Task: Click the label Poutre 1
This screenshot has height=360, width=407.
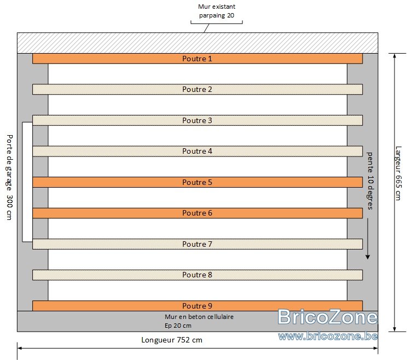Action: (197, 59)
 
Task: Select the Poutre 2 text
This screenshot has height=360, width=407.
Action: (197, 89)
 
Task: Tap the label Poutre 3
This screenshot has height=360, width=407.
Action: (197, 120)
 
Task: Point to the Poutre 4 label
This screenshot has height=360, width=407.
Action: (197, 151)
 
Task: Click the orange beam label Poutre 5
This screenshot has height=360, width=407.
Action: (197, 182)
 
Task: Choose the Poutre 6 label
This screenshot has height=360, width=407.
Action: (197, 213)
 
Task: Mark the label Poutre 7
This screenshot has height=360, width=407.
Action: (197, 244)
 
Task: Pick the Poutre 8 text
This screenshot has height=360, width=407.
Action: (197, 275)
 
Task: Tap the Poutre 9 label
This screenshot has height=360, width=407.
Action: (197, 306)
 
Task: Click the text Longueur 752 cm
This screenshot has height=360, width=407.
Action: (172, 340)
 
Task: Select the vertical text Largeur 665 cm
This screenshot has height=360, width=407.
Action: (398, 173)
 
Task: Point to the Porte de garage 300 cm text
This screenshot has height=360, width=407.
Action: (9, 177)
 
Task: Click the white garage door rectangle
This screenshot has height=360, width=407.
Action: (27, 182)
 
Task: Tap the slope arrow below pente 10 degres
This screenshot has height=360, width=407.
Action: (368, 239)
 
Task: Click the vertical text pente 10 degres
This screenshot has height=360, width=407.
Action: (370, 181)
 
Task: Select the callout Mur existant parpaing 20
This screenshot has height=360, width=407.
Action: (217, 11)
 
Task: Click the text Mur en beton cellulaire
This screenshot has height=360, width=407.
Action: (199, 317)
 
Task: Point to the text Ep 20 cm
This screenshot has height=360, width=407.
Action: (178, 326)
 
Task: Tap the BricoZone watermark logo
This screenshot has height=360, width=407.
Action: (328, 317)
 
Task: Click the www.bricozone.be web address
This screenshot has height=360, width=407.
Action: (328, 336)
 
